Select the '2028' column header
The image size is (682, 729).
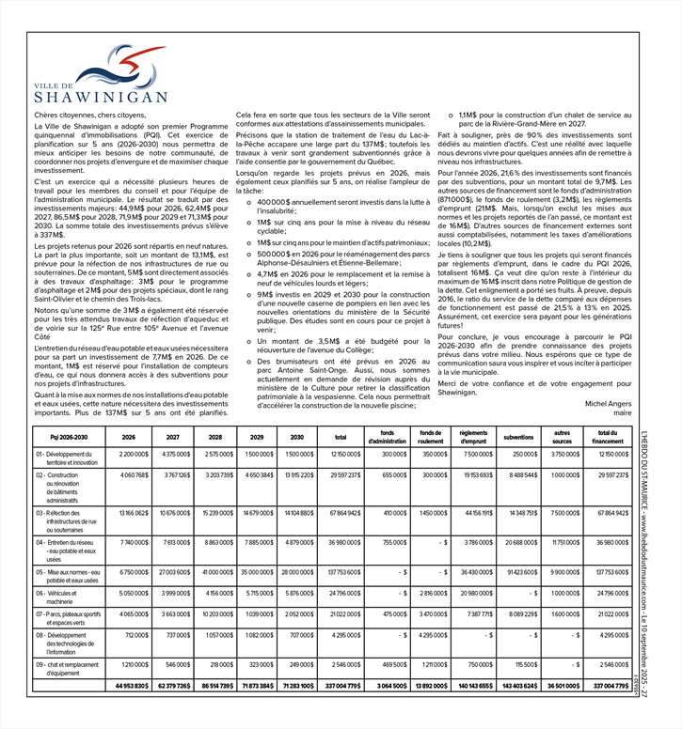(x=214, y=436)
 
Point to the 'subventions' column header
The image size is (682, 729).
(x=518, y=437)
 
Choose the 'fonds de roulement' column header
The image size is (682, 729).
(x=430, y=436)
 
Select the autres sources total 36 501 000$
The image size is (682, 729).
(x=561, y=712)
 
